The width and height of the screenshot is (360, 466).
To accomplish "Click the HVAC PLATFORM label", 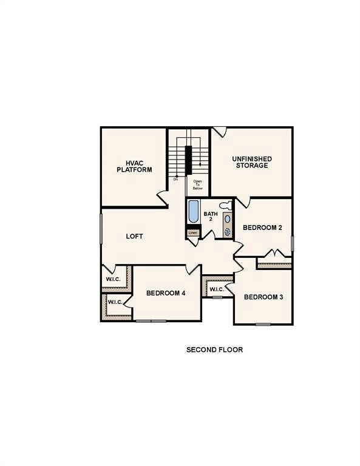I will (x=134, y=166).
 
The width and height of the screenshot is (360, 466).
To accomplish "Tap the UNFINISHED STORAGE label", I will (x=251, y=162).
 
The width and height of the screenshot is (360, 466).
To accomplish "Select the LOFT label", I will (x=134, y=236).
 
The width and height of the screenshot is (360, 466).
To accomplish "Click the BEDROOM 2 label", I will (x=262, y=228).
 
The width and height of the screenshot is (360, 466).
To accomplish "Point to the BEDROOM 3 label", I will (x=263, y=297).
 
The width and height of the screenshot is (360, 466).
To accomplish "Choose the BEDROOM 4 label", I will (x=166, y=293).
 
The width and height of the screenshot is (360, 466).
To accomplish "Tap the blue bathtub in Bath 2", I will (x=193, y=212).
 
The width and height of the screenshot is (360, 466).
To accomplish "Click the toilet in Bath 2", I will (x=225, y=205).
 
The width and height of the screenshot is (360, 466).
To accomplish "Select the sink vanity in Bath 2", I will (x=228, y=225).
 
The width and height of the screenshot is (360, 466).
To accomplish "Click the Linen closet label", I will (x=192, y=232).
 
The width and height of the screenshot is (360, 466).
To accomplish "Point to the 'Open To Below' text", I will (x=198, y=184).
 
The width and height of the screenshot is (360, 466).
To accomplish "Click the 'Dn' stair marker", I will (x=175, y=179).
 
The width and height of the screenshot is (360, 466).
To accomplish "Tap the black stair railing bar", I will (x=188, y=159).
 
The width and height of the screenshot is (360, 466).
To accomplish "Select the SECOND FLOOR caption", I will (x=214, y=349).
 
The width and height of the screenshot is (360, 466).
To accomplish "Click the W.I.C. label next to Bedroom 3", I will (x=217, y=289).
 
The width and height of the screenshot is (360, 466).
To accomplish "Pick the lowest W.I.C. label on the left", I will (x=116, y=302).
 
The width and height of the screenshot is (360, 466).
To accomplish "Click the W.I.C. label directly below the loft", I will (x=113, y=279).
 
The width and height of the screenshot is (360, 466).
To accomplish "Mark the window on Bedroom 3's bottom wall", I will (x=263, y=324).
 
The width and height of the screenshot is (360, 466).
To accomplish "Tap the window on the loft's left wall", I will (x=101, y=228).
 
